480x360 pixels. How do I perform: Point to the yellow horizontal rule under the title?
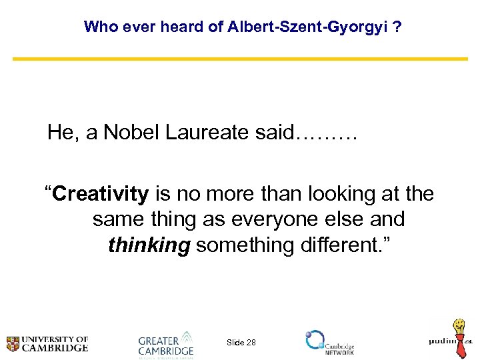[x=240, y=59]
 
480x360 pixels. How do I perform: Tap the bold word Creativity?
[x=101, y=194]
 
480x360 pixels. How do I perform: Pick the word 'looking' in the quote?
[x=334, y=194]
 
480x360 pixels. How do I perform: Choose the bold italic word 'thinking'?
[x=149, y=245]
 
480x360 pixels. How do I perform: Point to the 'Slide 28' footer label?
[x=241, y=342]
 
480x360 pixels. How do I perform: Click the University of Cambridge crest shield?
[x=13, y=343]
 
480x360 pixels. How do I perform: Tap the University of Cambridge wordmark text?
[x=56, y=343]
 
